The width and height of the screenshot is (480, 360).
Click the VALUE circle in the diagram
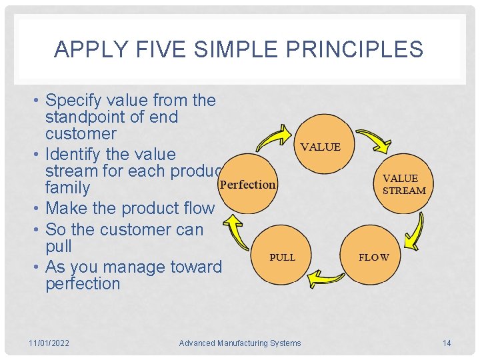click(x=321, y=147)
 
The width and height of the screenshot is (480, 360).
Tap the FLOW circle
click(x=373, y=257)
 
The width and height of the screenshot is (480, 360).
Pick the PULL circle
click(x=282, y=257)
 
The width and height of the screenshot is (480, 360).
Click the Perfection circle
click(x=247, y=185)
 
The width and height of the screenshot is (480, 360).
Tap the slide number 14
click(x=447, y=343)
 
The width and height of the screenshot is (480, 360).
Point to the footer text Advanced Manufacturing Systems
click(x=240, y=343)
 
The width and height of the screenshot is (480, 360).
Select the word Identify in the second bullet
click(x=71, y=154)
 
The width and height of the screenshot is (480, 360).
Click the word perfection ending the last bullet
click(x=83, y=284)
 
